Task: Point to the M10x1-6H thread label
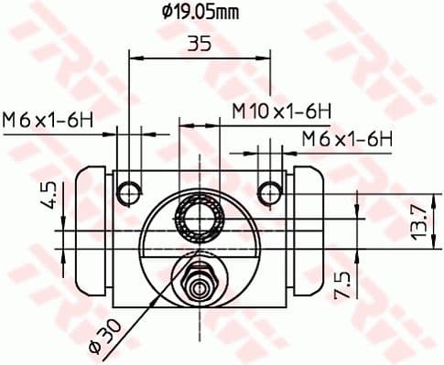coord(280,111)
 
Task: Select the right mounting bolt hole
coord(269,192)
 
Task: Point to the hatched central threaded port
coord(199,218)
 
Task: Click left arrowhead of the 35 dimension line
coord(133,58)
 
